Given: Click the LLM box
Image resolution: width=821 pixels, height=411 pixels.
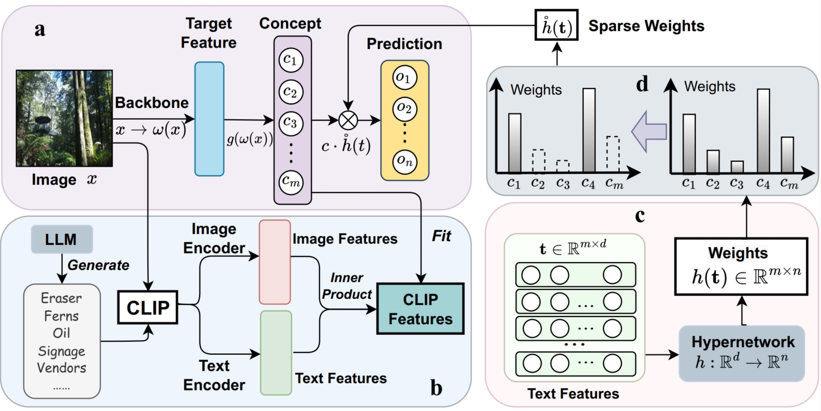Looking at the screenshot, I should [x=62, y=239].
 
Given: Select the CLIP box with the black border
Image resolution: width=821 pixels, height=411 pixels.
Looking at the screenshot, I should [x=148, y=307].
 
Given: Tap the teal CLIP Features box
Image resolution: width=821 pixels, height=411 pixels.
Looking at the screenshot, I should [x=421, y=309].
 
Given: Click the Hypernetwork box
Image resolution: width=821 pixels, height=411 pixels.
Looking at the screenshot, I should [x=742, y=353].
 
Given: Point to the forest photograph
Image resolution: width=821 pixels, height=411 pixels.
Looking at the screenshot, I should [x=64, y=118].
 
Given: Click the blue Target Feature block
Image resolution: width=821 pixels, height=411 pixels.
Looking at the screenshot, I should [x=209, y=119].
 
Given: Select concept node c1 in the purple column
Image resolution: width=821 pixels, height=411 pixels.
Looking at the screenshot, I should [x=290, y=60].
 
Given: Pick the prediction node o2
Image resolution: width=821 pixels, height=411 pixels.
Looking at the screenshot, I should [x=404, y=108].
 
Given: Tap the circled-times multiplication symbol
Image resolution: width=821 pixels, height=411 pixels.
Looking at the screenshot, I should [x=348, y=120].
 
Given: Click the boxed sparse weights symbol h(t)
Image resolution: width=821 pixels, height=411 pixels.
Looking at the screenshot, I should [x=557, y=26].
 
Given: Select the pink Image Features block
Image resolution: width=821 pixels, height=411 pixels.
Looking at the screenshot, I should [x=275, y=262].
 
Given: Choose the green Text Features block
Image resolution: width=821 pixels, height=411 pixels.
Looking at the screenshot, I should [x=276, y=352].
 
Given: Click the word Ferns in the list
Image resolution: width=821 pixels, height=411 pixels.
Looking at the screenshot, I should [x=62, y=316].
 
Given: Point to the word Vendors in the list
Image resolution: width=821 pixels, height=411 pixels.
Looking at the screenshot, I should [x=62, y=368].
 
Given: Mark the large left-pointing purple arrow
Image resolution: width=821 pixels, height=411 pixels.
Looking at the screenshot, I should [x=649, y=132].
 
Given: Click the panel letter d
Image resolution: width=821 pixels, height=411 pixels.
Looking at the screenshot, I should [x=642, y=84].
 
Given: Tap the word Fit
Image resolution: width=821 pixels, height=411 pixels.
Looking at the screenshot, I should [x=441, y=236].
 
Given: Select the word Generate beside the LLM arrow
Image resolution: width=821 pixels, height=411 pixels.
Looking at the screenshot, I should [x=99, y=265].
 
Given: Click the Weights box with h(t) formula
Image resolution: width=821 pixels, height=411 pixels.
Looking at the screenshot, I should [x=741, y=266].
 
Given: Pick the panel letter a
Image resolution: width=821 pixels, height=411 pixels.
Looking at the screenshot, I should [x=40, y=29].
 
